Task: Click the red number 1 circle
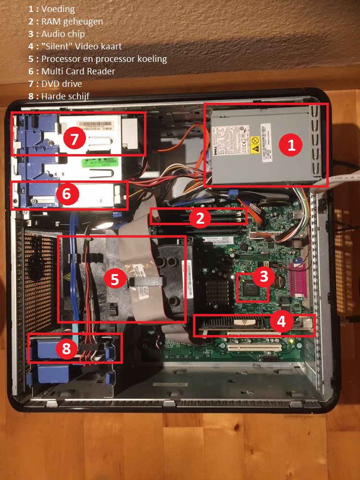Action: click(290, 145)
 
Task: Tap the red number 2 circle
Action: click(200, 218)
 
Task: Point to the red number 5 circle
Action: click(115, 279)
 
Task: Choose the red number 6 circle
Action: click(66, 194)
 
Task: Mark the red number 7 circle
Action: click(74, 139)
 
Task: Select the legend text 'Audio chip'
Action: click(63, 34)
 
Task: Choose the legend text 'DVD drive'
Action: click(61, 84)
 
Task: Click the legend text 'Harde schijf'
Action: click(65, 96)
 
